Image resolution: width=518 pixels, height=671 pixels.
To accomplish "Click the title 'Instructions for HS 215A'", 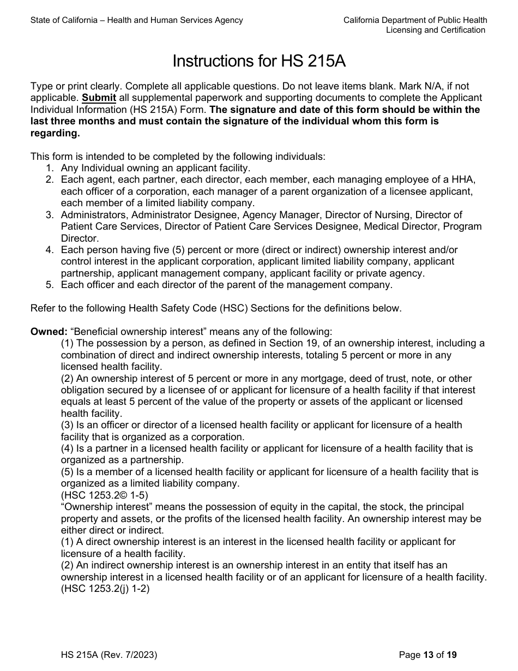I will [259, 61].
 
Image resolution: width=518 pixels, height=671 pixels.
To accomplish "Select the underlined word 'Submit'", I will [99, 98].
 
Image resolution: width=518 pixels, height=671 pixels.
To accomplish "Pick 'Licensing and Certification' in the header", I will [436, 30].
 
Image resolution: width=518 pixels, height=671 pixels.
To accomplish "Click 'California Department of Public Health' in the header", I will [415, 20].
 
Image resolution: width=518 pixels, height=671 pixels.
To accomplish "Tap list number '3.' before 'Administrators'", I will [50, 215].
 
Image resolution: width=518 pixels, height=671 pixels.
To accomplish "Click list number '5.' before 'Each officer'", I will [50, 285].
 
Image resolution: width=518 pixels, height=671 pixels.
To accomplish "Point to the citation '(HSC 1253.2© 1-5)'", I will [104, 495].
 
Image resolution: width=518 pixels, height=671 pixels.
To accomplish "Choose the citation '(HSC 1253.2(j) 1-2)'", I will [105, 589].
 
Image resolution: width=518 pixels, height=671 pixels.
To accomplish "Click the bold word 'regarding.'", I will [55, 133].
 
